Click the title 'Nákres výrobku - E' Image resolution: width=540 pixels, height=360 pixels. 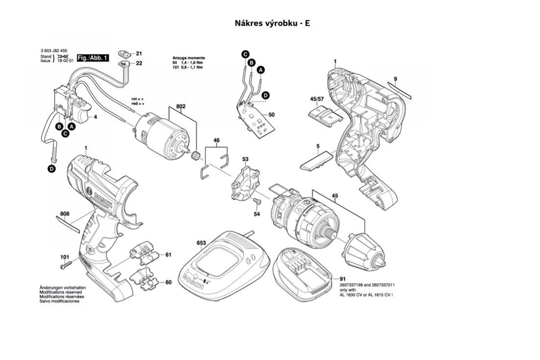[x=272, y=23]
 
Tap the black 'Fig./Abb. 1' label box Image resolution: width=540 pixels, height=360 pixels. [x=93, y=58]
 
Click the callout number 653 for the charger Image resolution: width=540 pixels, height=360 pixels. [x=201, y=243]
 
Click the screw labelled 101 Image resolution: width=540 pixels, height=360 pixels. [x=64, y=266]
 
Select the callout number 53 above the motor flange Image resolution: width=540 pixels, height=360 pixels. [x=245, y=159]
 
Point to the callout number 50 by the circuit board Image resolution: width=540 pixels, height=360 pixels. [x=271, y=115]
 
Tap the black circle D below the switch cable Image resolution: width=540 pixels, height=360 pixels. [x=52, y=169]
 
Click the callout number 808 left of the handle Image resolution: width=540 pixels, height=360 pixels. [x=65, y=215]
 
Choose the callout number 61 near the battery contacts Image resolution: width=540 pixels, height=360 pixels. [x=168, y=255]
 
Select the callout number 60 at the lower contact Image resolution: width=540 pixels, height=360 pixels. [x=168, y=283]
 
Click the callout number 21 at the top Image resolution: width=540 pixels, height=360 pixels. [x=139, y=53]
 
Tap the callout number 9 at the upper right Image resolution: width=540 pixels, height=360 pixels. [x=395, y=79]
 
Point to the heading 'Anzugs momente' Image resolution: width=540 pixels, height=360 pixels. [x=189, y=58]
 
